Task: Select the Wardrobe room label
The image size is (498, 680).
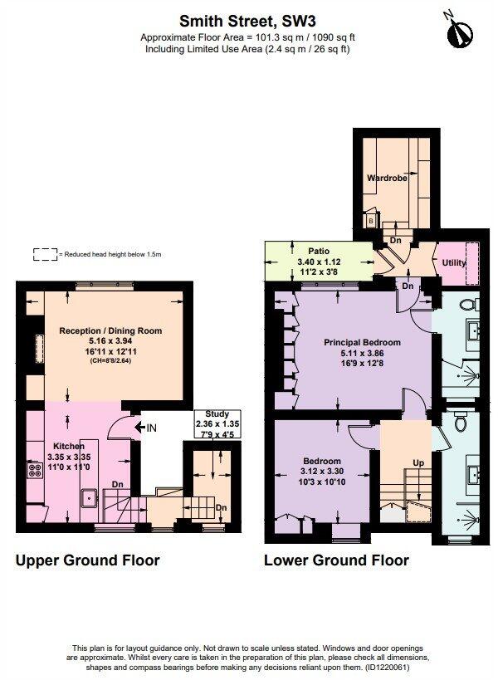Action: click(x=385, y=177)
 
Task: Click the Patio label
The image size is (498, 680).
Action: click(x=320, y=249)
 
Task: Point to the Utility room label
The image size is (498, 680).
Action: click(x=454, y=263)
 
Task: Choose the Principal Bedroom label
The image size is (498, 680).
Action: click(x=362, y=342)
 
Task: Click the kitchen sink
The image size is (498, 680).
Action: click(x=89, y=498)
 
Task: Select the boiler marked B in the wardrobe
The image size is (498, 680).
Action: click(x=370, y=221)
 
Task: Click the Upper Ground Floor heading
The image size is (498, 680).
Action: click(x=88, y=560)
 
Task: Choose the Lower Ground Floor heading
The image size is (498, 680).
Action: click(x=336, y=560)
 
